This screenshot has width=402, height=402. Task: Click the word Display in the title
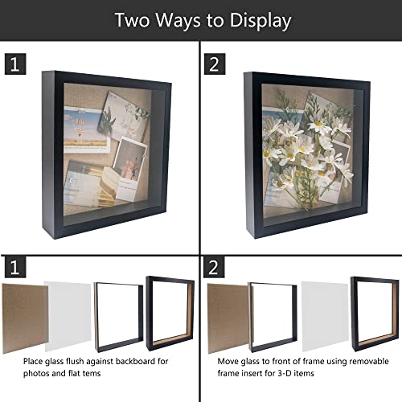[260, 21]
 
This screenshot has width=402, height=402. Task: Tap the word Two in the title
[132, 20]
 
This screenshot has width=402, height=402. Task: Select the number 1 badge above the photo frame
[15, 64]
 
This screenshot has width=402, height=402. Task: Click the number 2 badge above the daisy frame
[215, 64]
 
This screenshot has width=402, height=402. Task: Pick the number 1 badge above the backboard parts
[15, 267]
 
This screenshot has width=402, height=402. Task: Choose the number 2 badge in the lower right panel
[214, 267]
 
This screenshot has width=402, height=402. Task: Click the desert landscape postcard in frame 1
[85, 129]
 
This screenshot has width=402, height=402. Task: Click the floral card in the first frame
[124, 116]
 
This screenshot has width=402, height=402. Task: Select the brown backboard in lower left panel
[24, 318]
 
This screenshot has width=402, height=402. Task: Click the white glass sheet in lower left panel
[68, 316]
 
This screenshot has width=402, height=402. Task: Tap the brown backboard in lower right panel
[228, 318]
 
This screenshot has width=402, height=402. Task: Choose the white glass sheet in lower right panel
[325, 316]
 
